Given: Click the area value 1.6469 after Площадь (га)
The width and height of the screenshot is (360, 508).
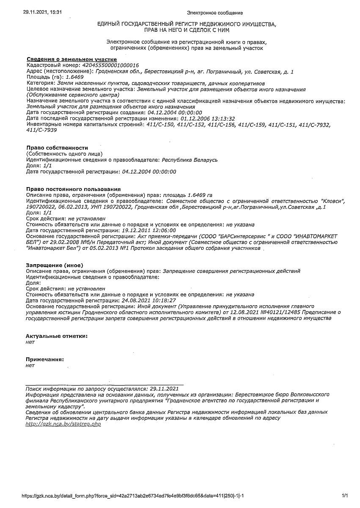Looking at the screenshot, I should click(x=75, y=77).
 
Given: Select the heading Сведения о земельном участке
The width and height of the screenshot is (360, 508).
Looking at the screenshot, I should click(x=71, y=59).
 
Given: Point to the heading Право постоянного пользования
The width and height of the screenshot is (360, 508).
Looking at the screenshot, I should click(x=73, y=189).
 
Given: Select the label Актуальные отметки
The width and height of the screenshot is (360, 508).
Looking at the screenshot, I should click(x=57, y=336).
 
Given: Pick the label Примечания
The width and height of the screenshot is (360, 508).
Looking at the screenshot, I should click(x=45, y=359).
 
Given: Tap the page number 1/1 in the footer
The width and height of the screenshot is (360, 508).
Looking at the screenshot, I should click(x=344, y=495).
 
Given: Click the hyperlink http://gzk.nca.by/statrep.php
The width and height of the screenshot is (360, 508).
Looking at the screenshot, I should click(x=63, y=424).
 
